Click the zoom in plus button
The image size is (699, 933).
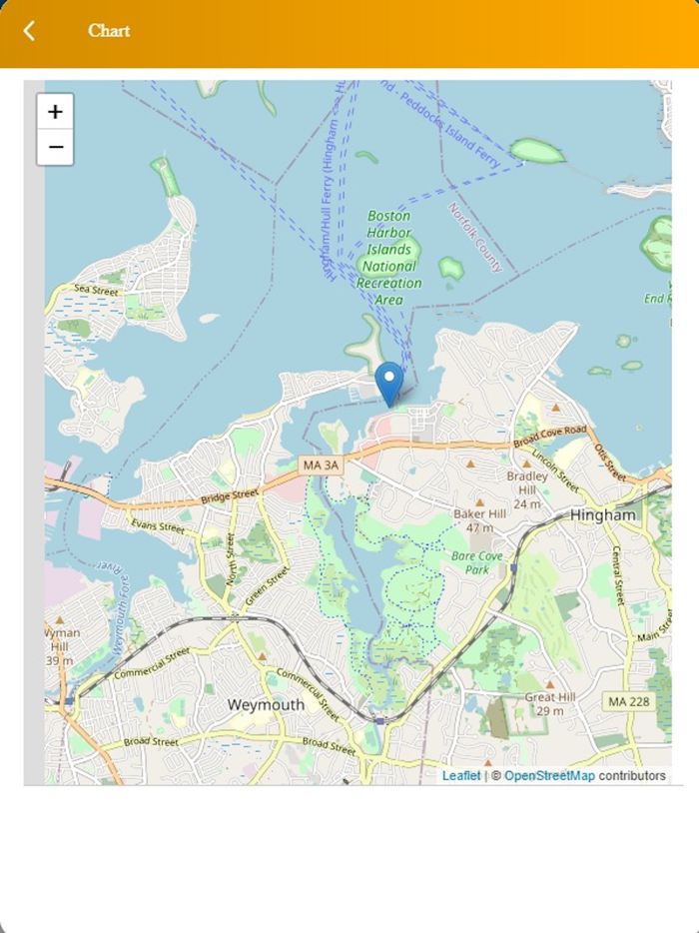click(x=55, y=112)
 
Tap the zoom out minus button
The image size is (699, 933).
click(x=55, y=148)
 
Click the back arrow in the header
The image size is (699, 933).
click(x=29, y=31)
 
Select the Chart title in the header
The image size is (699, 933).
click(x=109, y=31)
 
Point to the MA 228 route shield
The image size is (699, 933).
click(x=629, y=702)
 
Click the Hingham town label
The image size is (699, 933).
click(x=602, y=514)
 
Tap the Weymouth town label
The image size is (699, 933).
click(x=266, y=704)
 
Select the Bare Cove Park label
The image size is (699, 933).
click(x=469, y=561)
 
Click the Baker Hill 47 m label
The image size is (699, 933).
click(x=479, y=519)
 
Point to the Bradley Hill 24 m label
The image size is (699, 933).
click(x=527, y=489)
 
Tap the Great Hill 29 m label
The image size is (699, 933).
click(x=546, y=703)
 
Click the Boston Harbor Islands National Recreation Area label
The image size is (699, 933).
click(x=389, y=258)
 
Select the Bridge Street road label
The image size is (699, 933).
click(x=229, y=496)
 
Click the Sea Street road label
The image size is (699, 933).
click(x=97, y=291)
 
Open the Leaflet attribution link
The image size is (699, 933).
click(x=461, y=775)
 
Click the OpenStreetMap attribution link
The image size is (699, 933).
click(x=548, y=775)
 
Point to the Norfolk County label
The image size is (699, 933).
click(x=475, y=238)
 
